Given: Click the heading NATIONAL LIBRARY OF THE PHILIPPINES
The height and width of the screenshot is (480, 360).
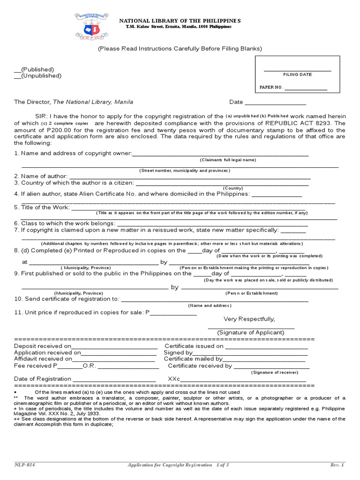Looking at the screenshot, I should click(x=180, y=21).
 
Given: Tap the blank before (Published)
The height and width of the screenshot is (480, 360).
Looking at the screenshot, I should click(x=17, y=70).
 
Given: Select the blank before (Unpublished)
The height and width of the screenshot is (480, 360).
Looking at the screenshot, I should click(x=17, y=76).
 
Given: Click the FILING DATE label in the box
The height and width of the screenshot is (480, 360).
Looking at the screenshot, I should click(x=297, y=75).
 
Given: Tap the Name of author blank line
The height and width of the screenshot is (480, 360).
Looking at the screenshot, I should click(x=190, y=177).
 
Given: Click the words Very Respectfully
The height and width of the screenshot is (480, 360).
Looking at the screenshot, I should click(x=249, y=319).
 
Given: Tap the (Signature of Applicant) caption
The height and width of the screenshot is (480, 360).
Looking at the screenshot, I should click(x=250, y=332).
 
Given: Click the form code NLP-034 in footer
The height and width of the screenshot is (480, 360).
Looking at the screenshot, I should click(x=24, y=465).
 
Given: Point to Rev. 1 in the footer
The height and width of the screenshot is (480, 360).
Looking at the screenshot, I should click(x=337, y=465).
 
